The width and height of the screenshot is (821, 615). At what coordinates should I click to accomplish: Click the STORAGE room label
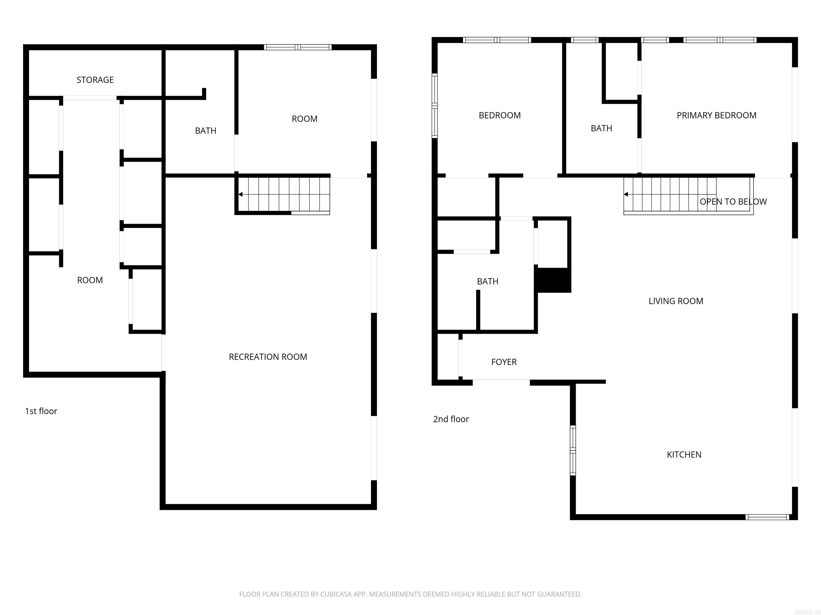pyautogui.click(x=95, y=80)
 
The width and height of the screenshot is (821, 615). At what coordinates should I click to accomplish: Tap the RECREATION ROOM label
pyautogui.click(x=268, y=357)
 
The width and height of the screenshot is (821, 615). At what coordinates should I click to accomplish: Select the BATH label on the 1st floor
pyautogui.click(x=206, y=131)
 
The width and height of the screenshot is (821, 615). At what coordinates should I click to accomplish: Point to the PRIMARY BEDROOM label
pyautogui.click(x=716, y=115)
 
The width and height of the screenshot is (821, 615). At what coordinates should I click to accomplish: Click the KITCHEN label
pyautogui.click(x=684, y=455)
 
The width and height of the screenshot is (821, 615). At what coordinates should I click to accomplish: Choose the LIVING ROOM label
pyautogui.click(x=676, y=301)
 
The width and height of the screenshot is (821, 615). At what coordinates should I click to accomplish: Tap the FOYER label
pyautogui.click(x=504, y=362)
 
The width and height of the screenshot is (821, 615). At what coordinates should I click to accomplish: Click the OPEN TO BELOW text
pyautogui.click(x=733, y=202)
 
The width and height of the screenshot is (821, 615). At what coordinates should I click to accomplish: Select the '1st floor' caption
pyautogui.click(x=41, y=411)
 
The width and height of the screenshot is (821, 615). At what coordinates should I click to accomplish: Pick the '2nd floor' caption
pyautogui.click(x=451, y=419)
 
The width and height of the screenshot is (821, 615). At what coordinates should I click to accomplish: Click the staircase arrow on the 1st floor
pyautogui.click(x=241, y=194)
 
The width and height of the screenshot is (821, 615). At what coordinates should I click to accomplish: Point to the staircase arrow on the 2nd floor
pyautogui.click(x=626, y=194)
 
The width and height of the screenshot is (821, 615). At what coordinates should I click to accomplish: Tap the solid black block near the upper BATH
pyautogui.click(x=552, y=280)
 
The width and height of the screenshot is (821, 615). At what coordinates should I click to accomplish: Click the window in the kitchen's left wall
pyautogui.click(x=573, y=450)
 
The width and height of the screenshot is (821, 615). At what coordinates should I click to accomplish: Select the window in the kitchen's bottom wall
pyautogui.click(x=767, y=517)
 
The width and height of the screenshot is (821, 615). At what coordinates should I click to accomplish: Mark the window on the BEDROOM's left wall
pyautogui.click(x=434, y=106)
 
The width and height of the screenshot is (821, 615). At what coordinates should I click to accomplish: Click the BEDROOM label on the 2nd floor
pyautogui.click(x=499, y=115)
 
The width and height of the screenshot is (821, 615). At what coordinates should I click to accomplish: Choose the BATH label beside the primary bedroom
pyautogui.click(x=601, y=128)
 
